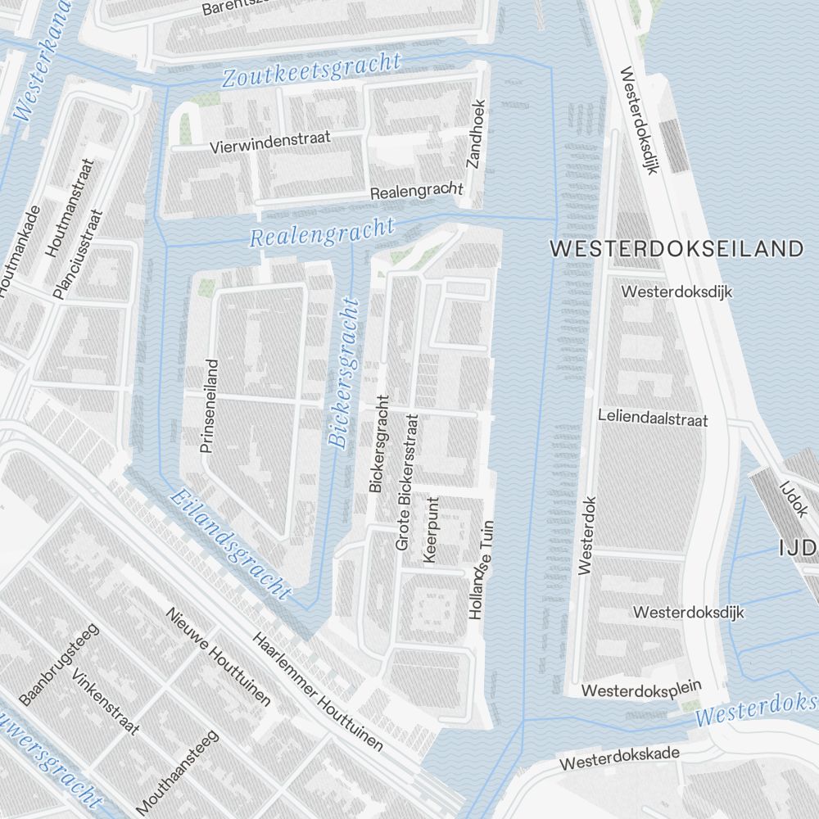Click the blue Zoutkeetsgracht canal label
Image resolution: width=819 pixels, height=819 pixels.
[x=311, y=71]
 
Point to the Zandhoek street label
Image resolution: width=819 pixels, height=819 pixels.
[x=476, y=134]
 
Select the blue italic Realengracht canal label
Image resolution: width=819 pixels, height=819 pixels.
[x=322, y=233]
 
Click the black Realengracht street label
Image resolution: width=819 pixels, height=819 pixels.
[x=417, y=192]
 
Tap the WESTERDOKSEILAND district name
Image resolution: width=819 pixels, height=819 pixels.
[x=676, y=250]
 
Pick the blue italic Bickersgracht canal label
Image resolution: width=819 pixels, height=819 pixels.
[x=345, y=373]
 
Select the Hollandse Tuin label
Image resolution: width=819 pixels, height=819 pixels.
[x=482, y=570]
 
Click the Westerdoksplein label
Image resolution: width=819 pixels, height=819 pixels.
[x=643, y=690]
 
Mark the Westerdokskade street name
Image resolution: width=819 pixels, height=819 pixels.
[x=620, y=758]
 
